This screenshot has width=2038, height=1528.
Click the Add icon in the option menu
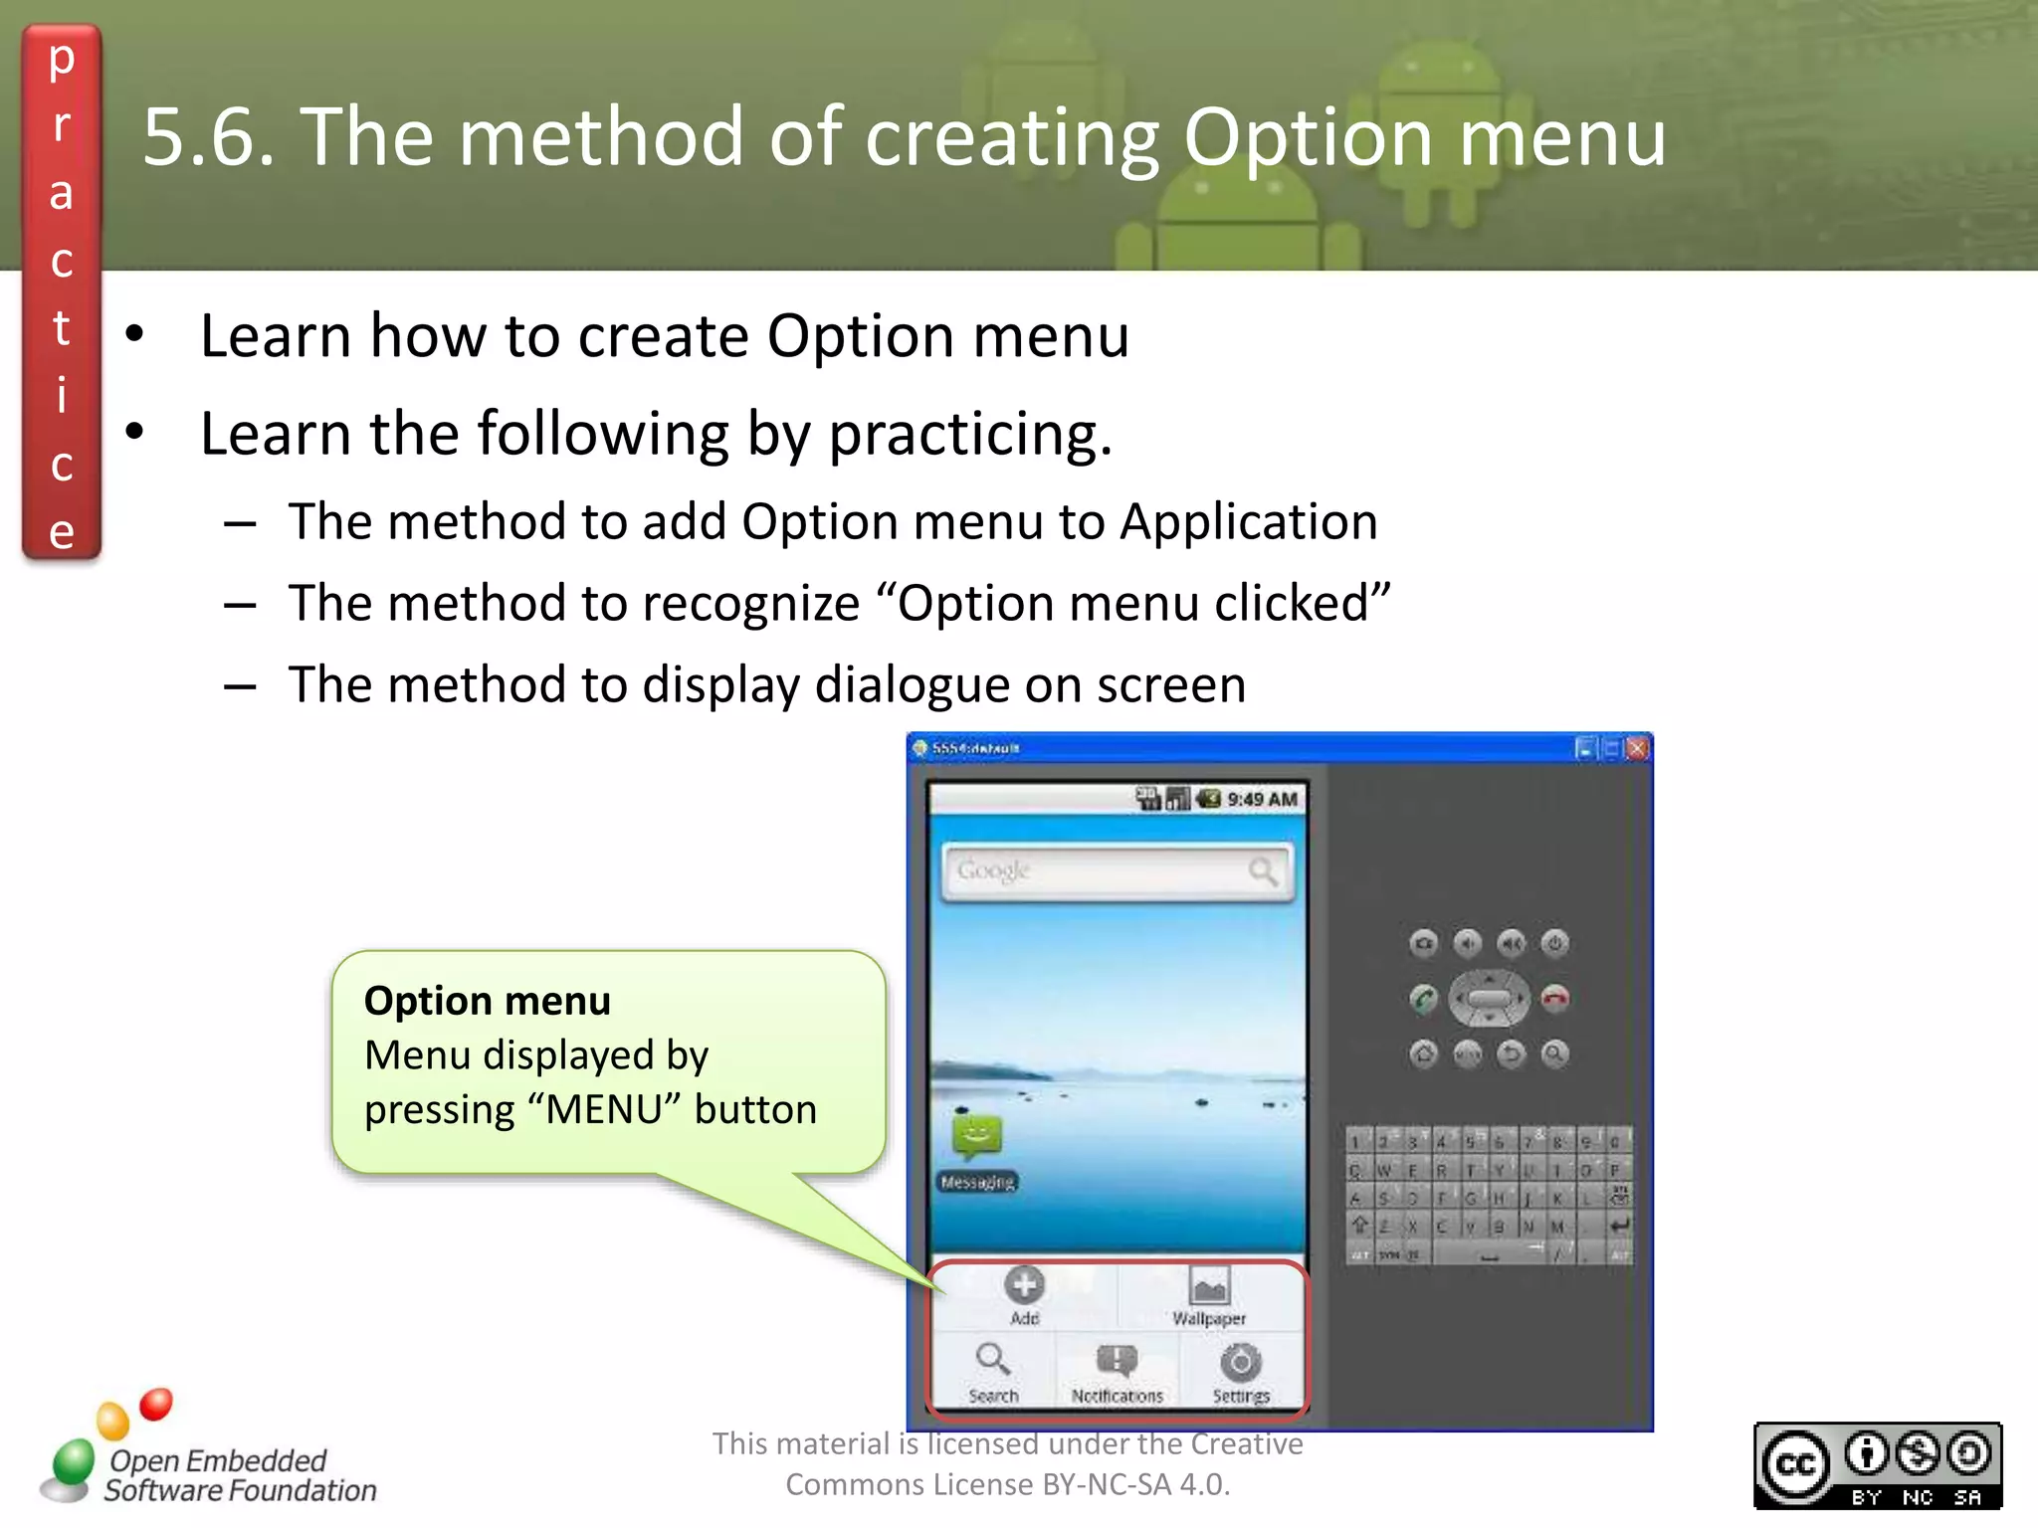point(1024,1285)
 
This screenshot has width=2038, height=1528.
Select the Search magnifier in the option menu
point(992,1359)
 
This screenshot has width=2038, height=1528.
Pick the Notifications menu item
point(1117,1361)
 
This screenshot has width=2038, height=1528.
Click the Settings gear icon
point(1241,1362)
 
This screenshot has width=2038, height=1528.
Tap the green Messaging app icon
point(976,1136)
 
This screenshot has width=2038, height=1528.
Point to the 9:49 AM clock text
point(1262,799)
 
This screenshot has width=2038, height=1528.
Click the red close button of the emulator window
point(1637,748)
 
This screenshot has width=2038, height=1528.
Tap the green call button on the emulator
point(1424,998)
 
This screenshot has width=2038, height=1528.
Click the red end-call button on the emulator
point(1554,998)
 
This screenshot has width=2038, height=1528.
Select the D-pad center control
point(1489,998)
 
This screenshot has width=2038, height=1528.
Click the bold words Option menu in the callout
point(488,1001)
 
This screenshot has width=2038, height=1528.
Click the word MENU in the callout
point(604,1109)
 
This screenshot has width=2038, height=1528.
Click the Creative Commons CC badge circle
point(1795,1465)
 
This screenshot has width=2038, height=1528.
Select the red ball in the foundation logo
point(156,1404)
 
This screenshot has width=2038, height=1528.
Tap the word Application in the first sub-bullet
point(1249,521)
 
